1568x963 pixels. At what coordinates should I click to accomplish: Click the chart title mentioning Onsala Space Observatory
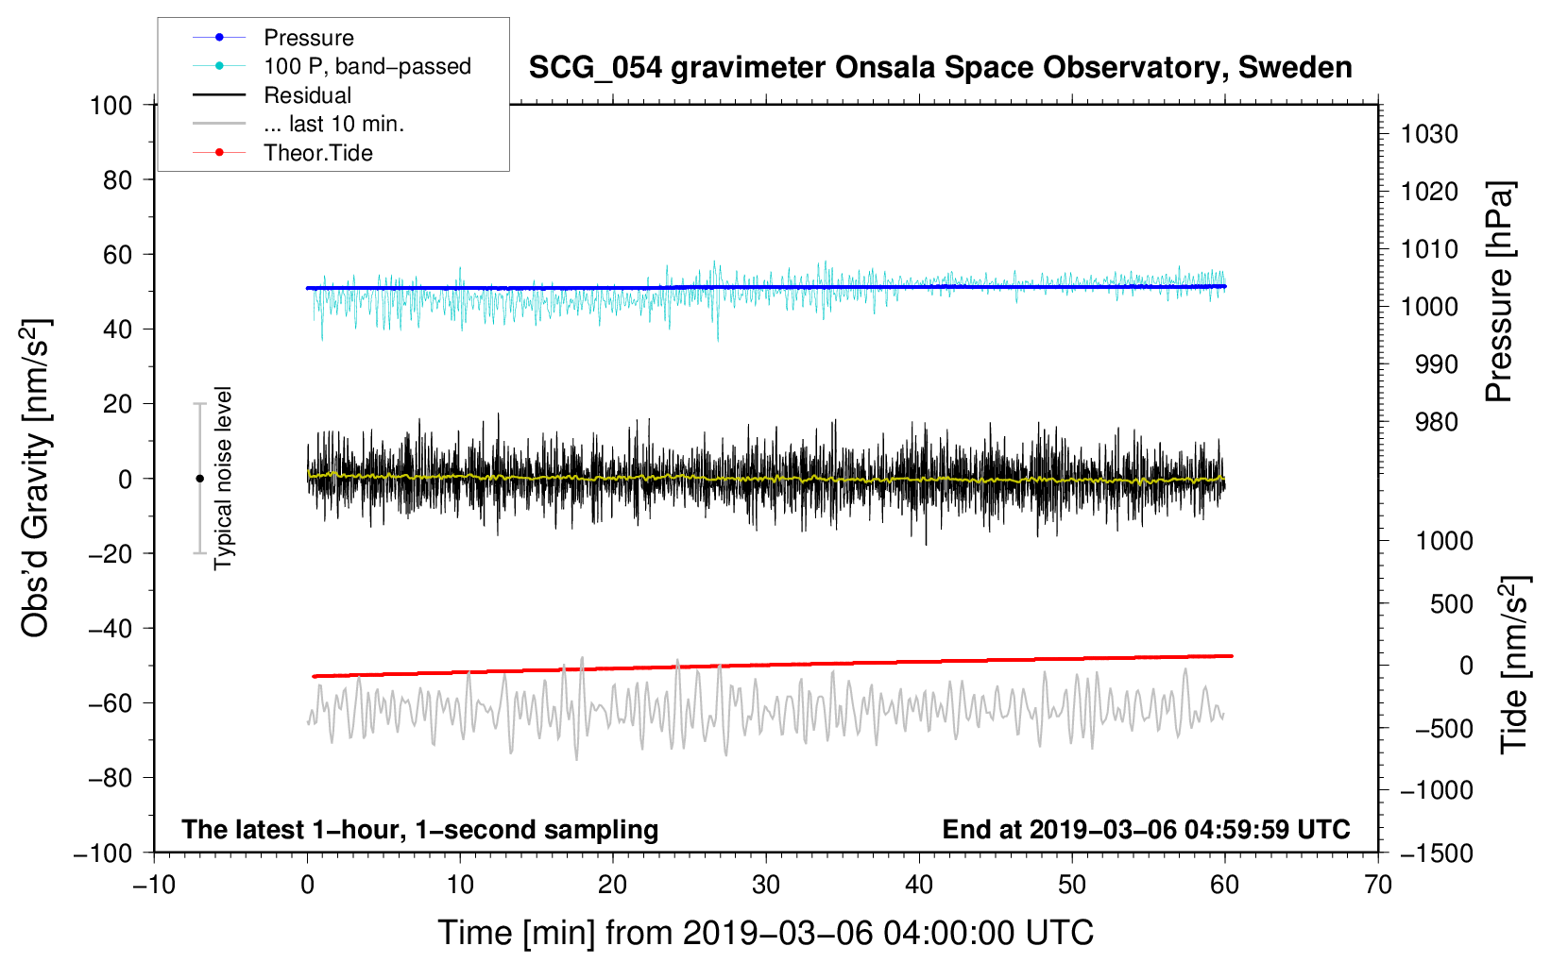point(940,68)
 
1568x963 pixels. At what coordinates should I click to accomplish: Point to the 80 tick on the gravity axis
point(117,180)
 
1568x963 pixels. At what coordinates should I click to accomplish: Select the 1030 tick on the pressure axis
point(1429,134)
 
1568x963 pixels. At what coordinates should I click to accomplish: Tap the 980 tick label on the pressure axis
point(1436,422)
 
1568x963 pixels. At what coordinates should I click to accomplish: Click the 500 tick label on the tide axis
point(1451,604)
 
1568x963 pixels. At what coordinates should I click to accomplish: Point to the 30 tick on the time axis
point(766,886)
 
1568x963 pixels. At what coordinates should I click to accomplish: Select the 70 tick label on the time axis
point(1377,886)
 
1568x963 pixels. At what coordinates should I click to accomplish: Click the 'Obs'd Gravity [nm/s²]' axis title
point(35,479)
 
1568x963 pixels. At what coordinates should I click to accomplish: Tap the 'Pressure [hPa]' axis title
point(1499,293)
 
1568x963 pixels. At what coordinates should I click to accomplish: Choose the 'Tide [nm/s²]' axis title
point(1515,665)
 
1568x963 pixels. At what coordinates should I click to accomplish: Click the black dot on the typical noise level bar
point(199,479)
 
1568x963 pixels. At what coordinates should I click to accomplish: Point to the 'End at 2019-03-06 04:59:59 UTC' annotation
point(1146,829)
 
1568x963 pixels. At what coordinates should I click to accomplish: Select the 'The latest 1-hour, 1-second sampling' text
point(420,830)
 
